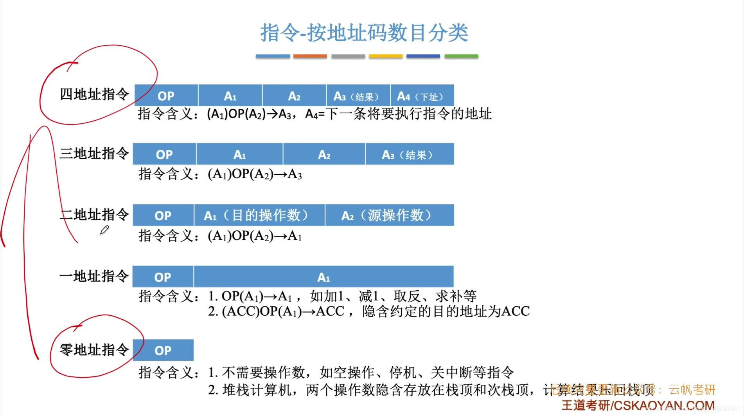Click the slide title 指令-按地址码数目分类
coord(364,33)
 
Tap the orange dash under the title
coord(310,56)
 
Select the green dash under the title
coord(461,56)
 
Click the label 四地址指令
coord(94,94)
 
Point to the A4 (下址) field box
coord(422,96)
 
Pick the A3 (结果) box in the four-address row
coord(358,96)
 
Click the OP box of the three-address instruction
coord(164,154)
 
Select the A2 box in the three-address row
coord(324,154)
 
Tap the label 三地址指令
coord(94,153)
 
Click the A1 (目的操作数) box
coord(259,215)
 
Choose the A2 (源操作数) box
coord(389,215)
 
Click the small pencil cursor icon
coord(104,230)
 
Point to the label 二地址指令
coord(94,215)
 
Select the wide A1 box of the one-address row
coord(323,277)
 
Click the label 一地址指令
coord(94,276)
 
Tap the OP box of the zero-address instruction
coord(163,350)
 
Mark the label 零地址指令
coord(94,349)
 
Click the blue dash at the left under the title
coord(273,56)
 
